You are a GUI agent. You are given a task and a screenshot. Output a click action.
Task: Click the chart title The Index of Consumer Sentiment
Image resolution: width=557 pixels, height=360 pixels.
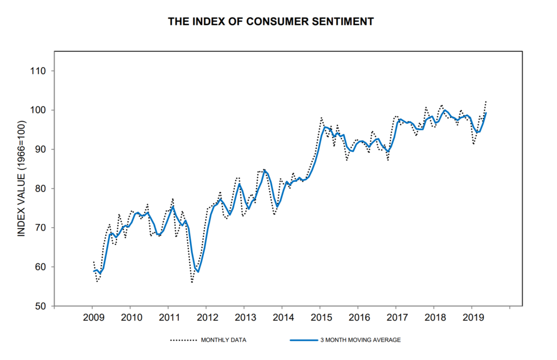coord(271,21)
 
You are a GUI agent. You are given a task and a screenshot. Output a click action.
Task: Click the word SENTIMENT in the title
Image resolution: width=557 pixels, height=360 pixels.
coord(347,21)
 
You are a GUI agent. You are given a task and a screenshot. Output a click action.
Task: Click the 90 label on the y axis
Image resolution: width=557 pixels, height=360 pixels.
coord(39,149)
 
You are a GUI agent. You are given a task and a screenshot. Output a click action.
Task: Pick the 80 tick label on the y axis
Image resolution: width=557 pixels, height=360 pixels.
coord(39,189)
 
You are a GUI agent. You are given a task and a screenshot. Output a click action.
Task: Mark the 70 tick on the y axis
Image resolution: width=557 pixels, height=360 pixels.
coord(39,228)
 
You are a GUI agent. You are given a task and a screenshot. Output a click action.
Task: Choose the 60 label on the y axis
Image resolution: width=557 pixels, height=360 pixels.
coord(39,267)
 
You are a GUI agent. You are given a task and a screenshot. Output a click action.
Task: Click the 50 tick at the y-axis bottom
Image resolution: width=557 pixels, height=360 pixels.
coord(39,306)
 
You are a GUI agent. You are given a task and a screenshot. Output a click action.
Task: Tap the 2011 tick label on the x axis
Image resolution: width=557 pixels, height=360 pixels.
coord(168,318)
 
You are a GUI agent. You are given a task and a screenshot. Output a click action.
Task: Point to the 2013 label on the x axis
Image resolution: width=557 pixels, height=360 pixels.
coord(244,318)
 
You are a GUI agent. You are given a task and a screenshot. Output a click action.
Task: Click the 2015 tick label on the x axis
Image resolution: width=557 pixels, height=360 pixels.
coord(320,318)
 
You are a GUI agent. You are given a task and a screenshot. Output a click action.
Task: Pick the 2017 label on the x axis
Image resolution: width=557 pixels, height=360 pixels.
coord(396,318)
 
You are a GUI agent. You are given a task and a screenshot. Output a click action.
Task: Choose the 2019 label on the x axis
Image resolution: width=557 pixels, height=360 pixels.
coord(471,318)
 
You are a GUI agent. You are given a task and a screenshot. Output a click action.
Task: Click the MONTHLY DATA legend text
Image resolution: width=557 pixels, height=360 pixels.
coord(223,340)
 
